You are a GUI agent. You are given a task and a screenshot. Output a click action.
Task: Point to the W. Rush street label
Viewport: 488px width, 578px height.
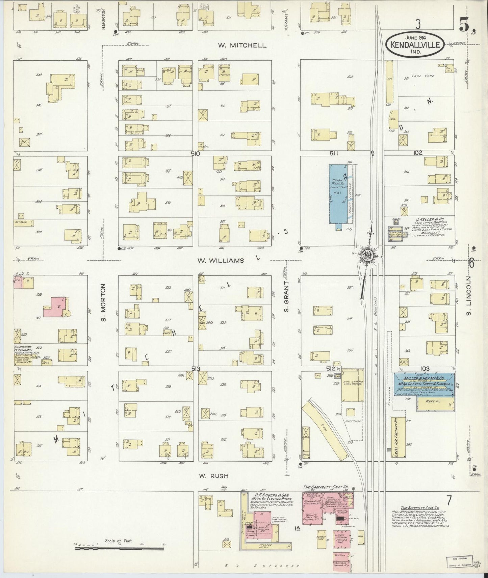(x=214, y=476)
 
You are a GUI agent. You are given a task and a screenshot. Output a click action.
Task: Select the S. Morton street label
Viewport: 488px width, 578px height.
(x=103, y=302)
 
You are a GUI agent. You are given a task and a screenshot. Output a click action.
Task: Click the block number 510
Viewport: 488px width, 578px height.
(x=195, y=153)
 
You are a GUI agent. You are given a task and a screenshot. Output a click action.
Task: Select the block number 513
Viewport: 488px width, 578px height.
(x=196, y=369)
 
